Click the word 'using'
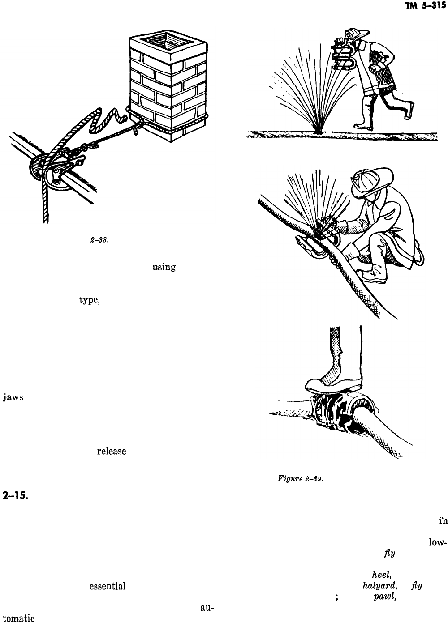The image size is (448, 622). pyautogui.click(x=164, y=268)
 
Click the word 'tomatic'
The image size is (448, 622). pyautogui.click(x=18, y=618)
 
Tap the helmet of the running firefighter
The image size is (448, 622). pyautogui.click(x=357, y=34)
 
